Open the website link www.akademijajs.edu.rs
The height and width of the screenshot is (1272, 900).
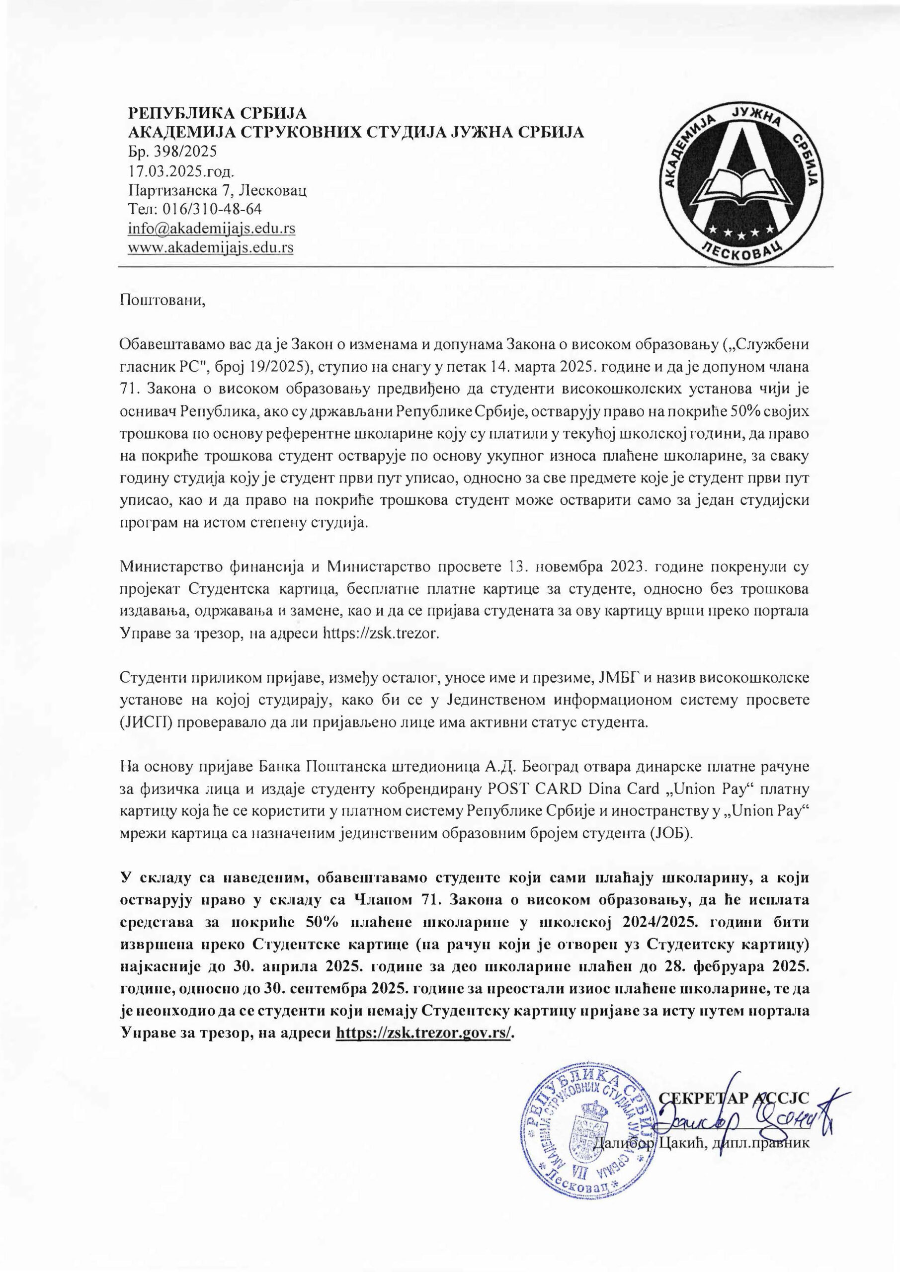click(x=211, y=247)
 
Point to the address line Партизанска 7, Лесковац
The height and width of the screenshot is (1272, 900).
click(x=218, y=190)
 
